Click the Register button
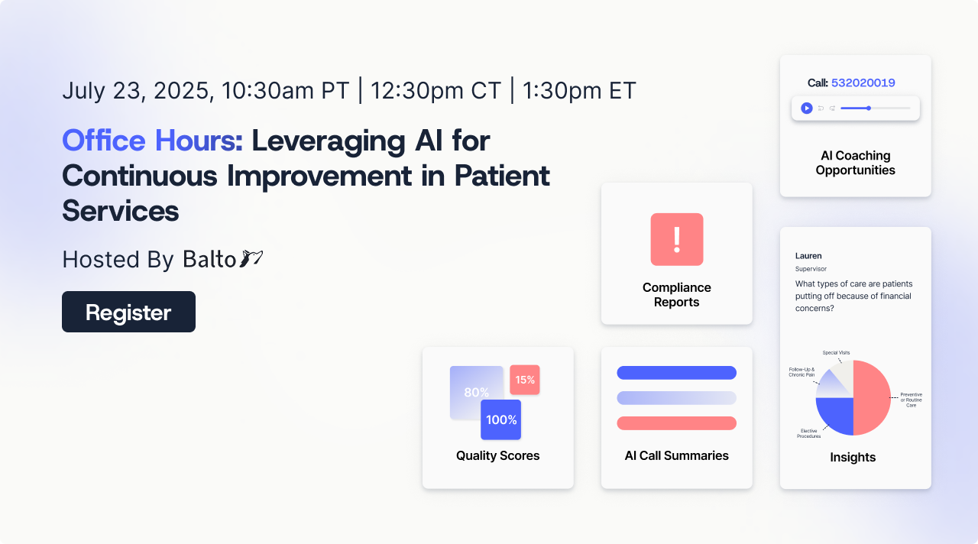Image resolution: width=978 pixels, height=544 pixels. point(128,312)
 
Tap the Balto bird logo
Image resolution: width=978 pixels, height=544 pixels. point(251,258)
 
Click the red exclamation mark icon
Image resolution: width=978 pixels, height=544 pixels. point(677,239)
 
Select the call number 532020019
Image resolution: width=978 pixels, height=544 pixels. point(863,83)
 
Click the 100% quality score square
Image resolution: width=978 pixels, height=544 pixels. point(500,419)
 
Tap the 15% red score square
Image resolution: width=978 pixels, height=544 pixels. point(525,380)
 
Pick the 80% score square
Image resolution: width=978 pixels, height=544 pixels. point(476,393)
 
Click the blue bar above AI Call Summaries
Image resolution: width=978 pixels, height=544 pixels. point(677,373)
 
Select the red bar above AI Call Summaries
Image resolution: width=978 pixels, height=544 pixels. point(677,423)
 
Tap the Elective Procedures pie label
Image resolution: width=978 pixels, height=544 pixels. point(808,433)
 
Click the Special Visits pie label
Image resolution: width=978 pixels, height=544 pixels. point(836,353)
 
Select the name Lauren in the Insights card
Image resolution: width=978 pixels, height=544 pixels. point(808,256)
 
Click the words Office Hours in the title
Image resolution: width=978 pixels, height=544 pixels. point(152,141)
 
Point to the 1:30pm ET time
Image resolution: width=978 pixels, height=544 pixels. point(579,90)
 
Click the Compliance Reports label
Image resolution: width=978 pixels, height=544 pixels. point(677,295)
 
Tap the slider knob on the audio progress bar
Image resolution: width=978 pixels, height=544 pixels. point(869,108)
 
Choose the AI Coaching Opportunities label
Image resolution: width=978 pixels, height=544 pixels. point(855,163)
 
